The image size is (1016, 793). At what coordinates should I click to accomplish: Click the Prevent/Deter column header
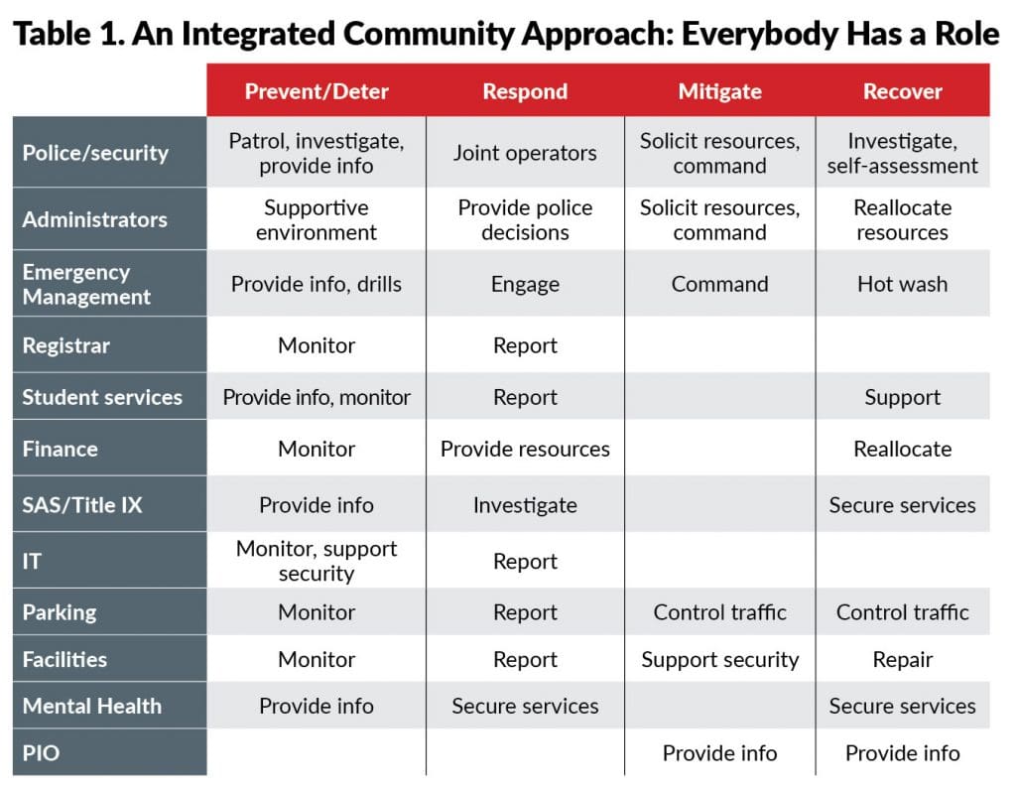(317, 91)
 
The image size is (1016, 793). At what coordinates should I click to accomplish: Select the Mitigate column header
(719, 91)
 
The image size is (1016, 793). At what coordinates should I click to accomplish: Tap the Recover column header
(902, 91)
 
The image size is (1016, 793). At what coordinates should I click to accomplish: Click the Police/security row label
(95, 153)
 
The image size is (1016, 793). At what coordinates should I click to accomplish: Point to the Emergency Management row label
(86, 284)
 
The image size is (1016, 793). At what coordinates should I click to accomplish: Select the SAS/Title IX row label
(82, 504)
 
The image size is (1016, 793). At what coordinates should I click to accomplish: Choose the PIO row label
(41, 752)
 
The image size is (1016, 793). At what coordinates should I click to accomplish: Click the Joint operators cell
(525, 153)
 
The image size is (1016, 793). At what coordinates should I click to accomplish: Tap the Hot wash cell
(902, 284)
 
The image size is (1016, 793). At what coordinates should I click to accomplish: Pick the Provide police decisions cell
(525, 219)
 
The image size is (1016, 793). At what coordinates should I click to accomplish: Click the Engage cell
(525, 285)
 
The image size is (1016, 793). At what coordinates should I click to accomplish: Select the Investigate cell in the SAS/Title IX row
(525, 505)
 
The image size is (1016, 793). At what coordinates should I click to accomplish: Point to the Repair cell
(902, 660)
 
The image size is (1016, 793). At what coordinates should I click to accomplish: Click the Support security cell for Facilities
(719, 660)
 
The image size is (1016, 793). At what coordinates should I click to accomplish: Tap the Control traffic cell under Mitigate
(719, 612)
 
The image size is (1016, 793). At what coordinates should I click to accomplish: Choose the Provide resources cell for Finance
(525, 449)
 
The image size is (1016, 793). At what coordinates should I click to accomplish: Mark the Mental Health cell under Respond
(525, 706)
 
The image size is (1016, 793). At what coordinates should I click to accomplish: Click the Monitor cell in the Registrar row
(317, 345)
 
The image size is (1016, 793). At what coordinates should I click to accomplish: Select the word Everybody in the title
(759, 35)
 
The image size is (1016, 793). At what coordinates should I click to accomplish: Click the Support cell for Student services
(902, 397)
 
